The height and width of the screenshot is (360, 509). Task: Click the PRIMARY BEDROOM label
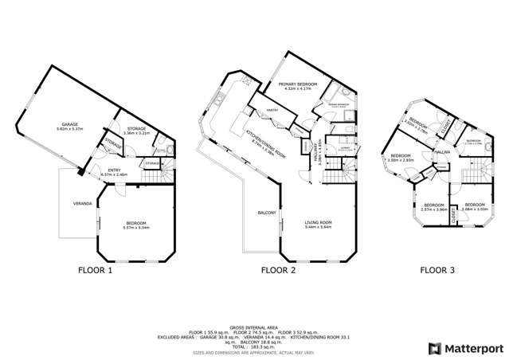click(x=300, y=85)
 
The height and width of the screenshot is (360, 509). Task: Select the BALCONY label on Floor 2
click(x=266, y=213)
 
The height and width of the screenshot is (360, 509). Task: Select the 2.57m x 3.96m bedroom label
click(x=433, y=206)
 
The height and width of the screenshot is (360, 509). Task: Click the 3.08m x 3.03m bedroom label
click(x=476, y=206)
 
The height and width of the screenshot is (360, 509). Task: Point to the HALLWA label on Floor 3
click(x=444, y=153)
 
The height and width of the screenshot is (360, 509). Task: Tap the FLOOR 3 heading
click(x=437, y=271)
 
